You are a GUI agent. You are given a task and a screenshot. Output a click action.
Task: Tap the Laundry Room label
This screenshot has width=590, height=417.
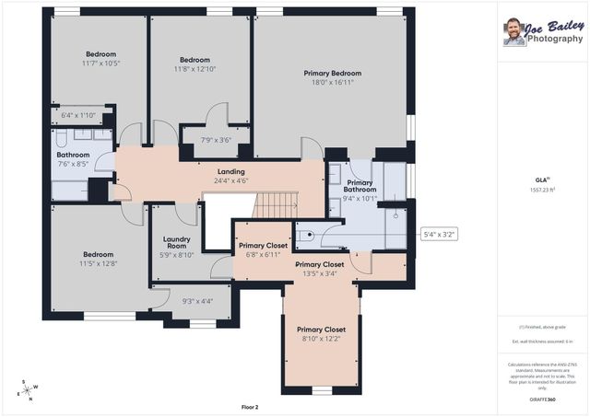[176, 241]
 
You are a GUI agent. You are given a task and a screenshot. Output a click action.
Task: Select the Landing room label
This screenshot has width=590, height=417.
[230, 171]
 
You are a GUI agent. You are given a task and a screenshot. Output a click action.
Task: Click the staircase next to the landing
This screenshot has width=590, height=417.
[275, 205]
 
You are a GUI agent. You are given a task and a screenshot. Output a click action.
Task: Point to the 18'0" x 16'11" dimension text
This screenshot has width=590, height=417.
[332, 83]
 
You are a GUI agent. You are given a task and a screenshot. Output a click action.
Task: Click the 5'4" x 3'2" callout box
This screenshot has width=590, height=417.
[439, 234]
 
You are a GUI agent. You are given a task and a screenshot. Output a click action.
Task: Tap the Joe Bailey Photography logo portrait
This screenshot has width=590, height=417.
[513, 32]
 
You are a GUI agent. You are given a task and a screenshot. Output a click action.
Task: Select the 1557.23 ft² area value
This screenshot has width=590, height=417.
[542, 189]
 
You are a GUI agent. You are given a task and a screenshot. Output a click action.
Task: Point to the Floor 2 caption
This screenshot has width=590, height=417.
[249, 406]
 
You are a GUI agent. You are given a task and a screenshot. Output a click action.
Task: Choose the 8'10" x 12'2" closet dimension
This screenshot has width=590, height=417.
[321, 339]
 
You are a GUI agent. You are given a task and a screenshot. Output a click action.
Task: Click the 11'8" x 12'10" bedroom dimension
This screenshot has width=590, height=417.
[195, 69]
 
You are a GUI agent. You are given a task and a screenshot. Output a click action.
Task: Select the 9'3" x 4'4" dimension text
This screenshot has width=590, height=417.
[197, 301]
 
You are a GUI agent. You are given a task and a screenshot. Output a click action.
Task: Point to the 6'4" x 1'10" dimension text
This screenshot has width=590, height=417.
[78, 115]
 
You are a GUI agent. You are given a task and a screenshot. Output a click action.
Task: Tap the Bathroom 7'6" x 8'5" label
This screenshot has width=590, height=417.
[73, 159]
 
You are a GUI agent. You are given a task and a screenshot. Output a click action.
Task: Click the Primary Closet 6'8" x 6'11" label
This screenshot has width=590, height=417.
[263, 249]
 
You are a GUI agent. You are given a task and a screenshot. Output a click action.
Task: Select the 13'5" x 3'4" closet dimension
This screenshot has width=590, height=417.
[320, 272]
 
